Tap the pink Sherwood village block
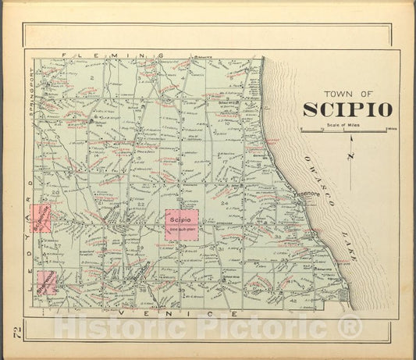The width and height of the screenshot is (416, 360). click(x=46, y=280)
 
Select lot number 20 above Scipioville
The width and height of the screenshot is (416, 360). click(x=55, y=192)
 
